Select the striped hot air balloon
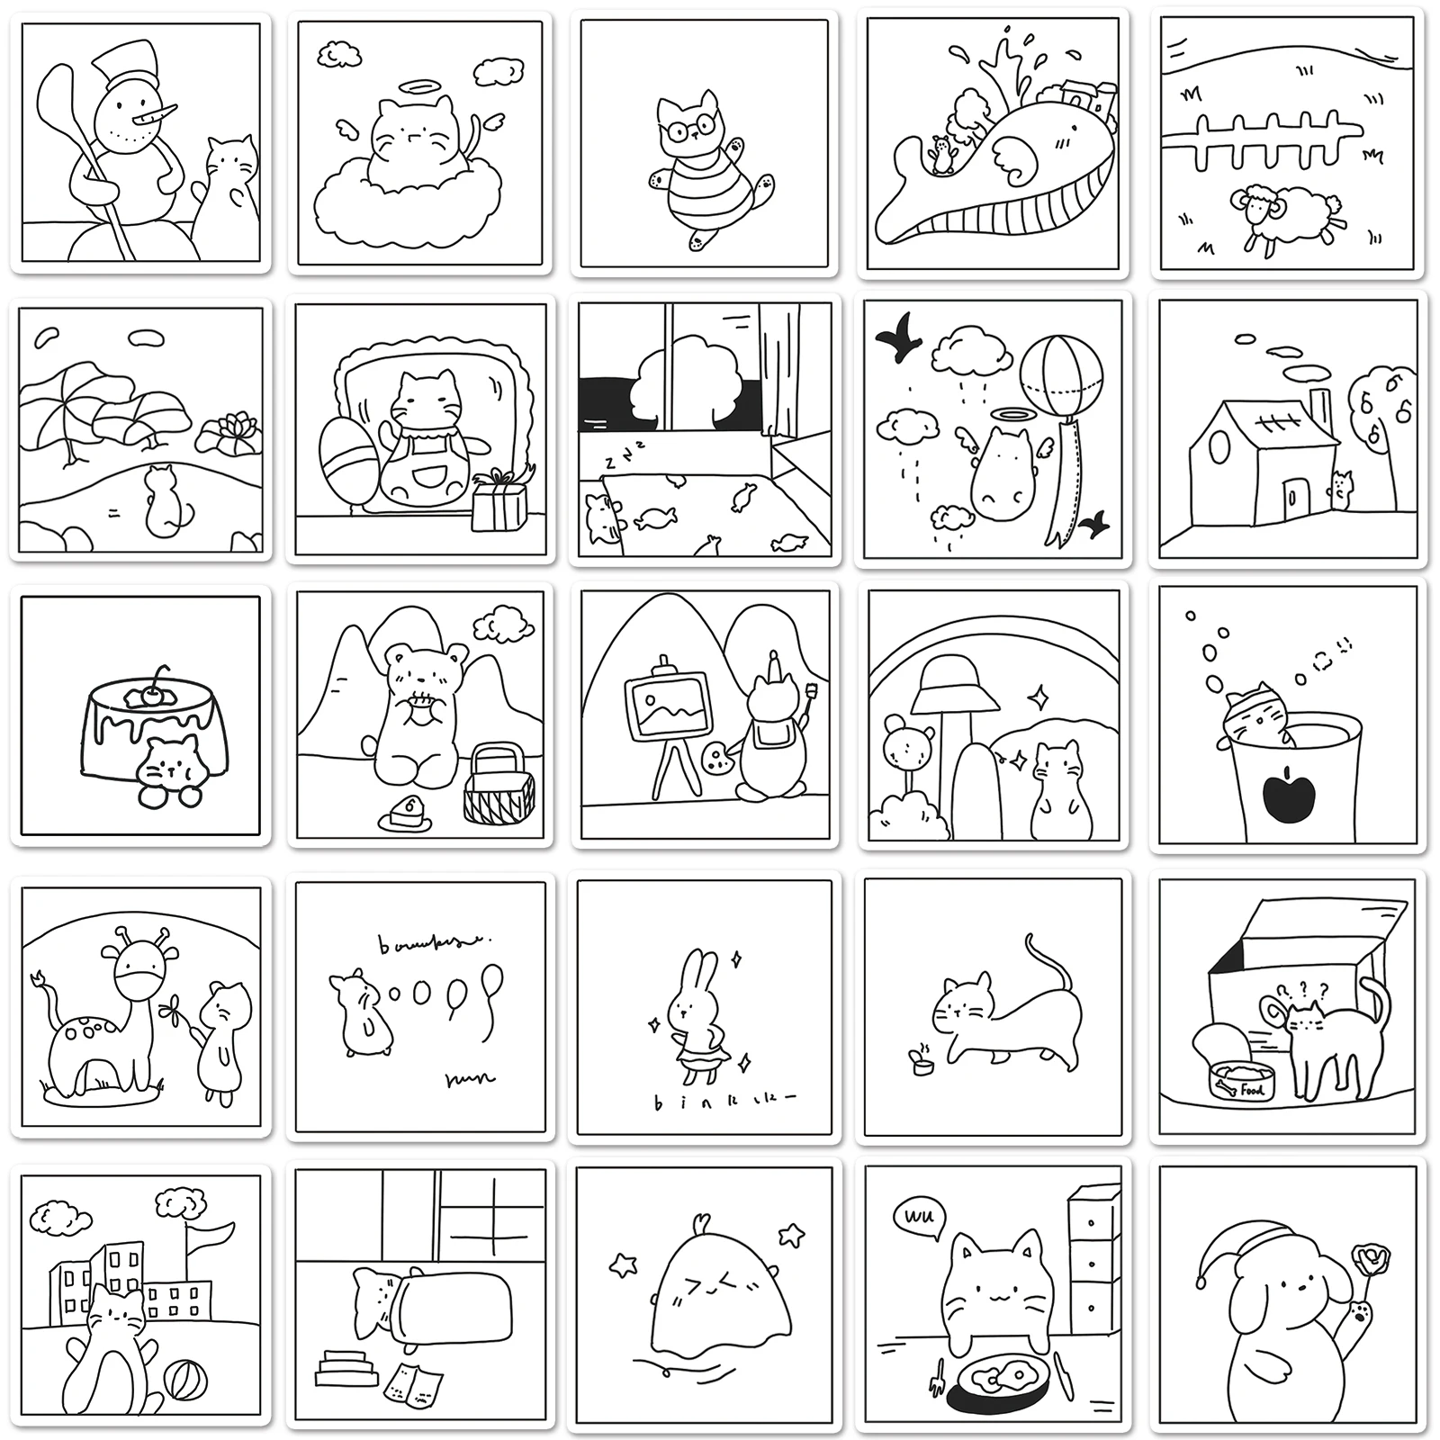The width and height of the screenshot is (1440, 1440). [x=1060, y=375]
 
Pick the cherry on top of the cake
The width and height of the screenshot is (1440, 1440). [x=158, y=691]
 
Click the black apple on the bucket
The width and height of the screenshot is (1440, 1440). [x=1290, y=795]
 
